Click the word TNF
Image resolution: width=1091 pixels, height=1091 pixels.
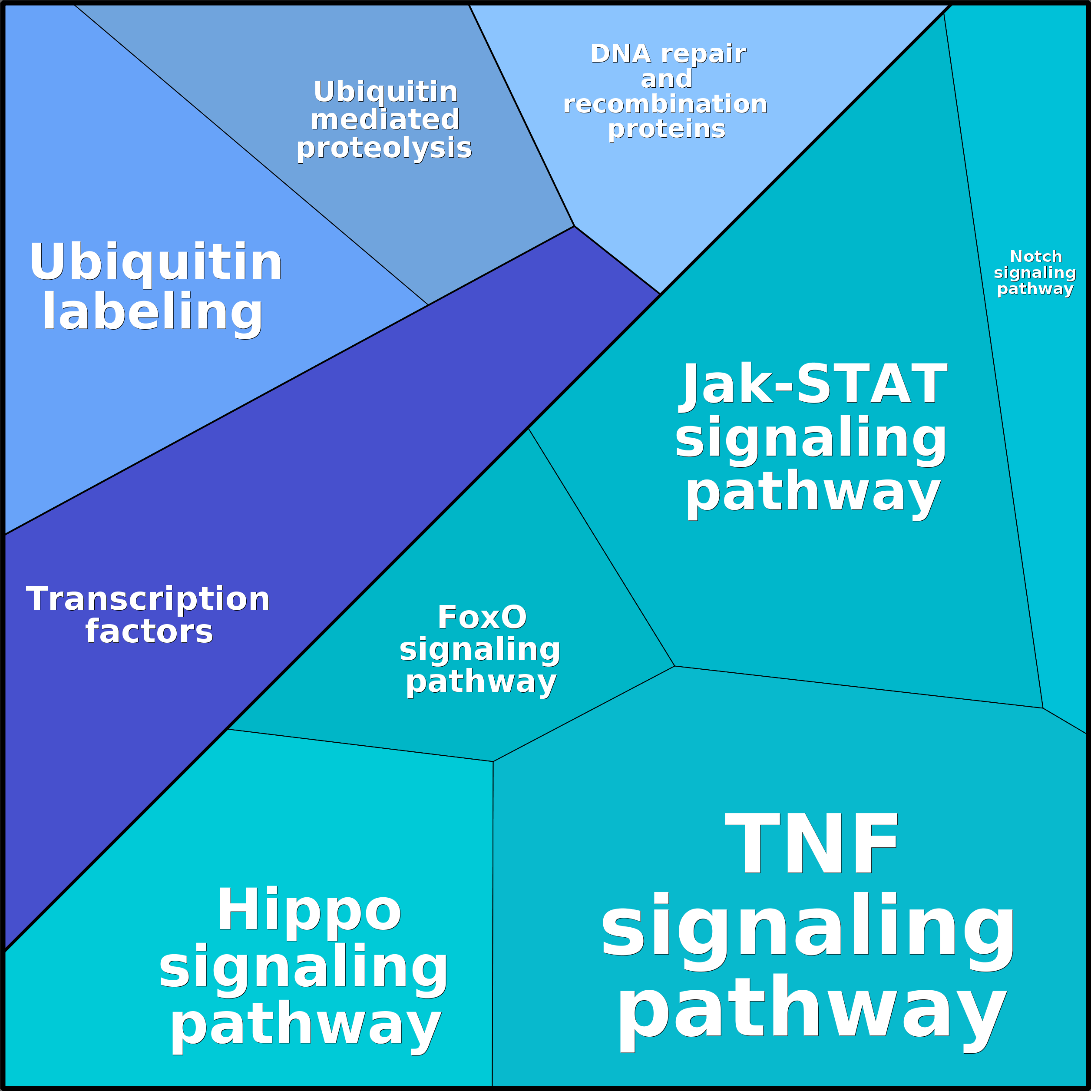pyautogui.click(x=811, y=845)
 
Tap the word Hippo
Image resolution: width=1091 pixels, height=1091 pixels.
pyautogui.click(x=308, y=910)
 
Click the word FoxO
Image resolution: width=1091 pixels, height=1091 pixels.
pyautogui.click(x=482, y=617)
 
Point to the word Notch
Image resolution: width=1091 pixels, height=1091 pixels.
pyautogui.click(x=1036, y=257)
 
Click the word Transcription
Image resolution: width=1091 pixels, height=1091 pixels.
pyautogui.click(x=148, y=599)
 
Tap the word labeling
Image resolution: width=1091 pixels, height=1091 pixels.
pyautogui.click(x=152, y=312)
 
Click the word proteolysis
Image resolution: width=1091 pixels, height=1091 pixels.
pyautogui.click(x=384, y=148)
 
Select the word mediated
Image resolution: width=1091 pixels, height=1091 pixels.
pyautogui.click(x=385, y=120)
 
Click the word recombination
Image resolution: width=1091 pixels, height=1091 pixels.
pyautogui.click(x=665, y=105)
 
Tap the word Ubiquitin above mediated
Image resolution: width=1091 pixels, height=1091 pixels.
pyautogui.click(x=386, y=92)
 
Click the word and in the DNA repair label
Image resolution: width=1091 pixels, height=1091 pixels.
pyautogui.click(x=666, y=79)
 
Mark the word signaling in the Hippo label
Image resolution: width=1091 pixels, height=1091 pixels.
pyautogui.click(x=303, y=967)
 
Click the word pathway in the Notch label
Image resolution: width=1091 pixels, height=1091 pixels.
pyautogui.click(x=1035, y=289)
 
